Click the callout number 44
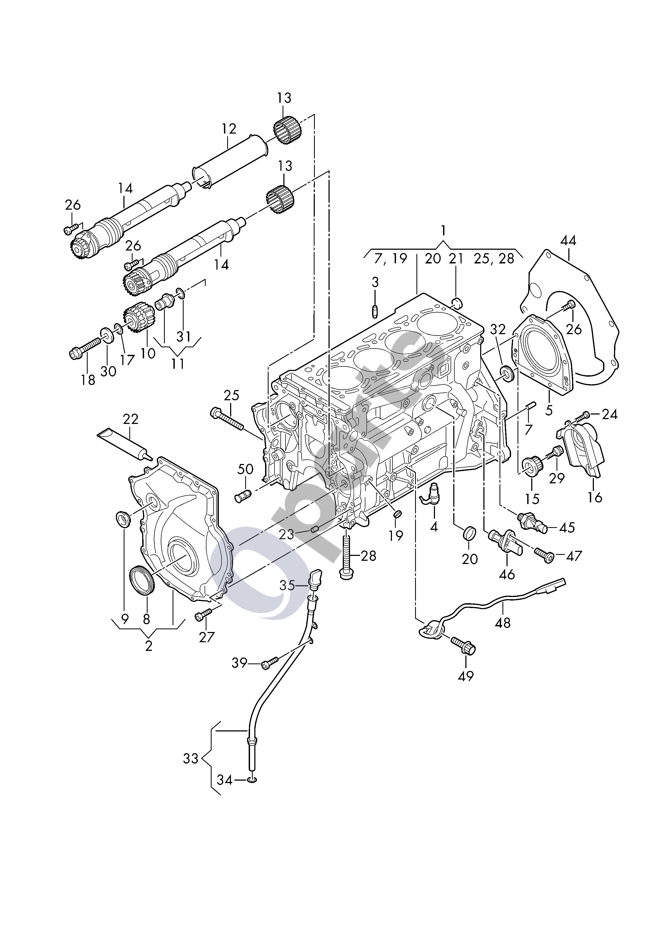pos(568,241)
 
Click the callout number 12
pos(229,129)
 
